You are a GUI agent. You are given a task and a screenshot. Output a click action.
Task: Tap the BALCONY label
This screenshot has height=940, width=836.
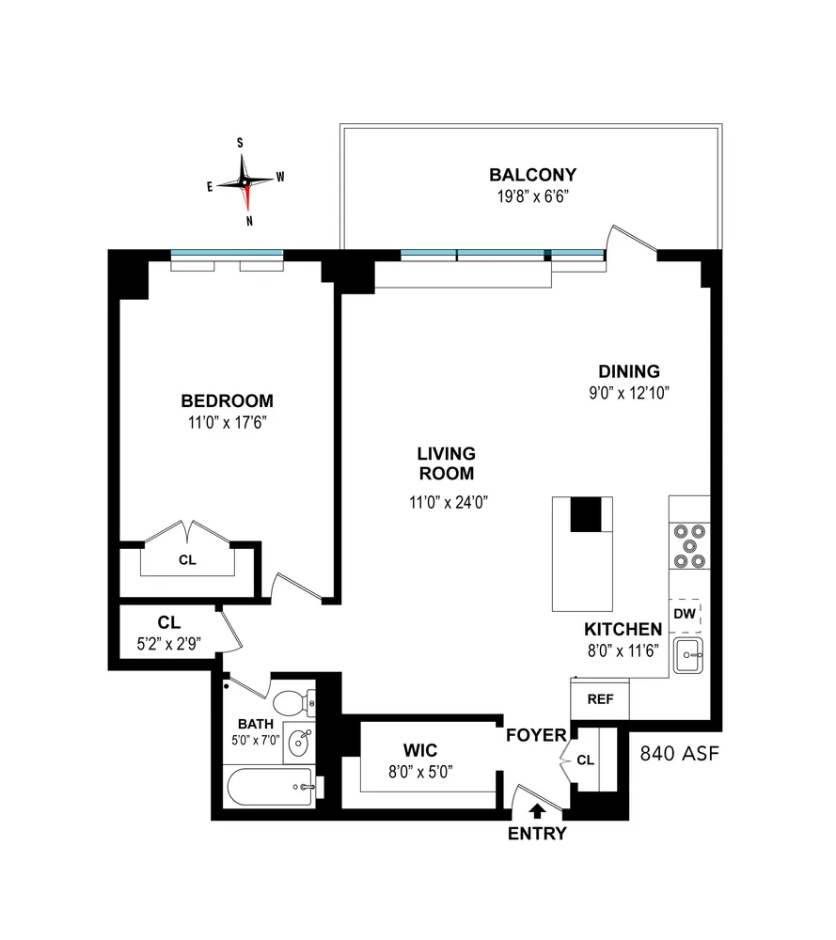[531, 175]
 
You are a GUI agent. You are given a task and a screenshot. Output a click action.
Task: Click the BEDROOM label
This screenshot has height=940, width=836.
[227, 400]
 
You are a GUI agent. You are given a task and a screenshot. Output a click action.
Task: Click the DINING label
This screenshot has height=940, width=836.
[629, 370]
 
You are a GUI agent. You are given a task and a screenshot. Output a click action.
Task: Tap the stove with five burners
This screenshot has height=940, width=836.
[687, 545]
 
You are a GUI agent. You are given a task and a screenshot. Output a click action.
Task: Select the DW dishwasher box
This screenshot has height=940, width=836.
[685, 614]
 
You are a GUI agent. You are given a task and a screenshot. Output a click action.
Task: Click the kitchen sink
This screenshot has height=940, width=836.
[688, 651]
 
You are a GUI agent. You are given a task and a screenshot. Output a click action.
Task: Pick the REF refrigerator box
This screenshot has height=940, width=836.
[599, 699]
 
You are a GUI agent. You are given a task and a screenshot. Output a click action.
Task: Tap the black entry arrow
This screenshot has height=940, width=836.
[537, 807]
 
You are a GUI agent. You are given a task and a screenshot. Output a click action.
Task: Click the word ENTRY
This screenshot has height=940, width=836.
[537, 834]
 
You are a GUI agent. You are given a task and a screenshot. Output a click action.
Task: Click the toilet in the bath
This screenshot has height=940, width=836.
[292, 701]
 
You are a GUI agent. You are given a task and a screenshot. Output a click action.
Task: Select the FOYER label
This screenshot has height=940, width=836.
[536, 734]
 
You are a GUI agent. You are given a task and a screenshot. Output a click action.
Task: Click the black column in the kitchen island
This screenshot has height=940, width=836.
[586, 514]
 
